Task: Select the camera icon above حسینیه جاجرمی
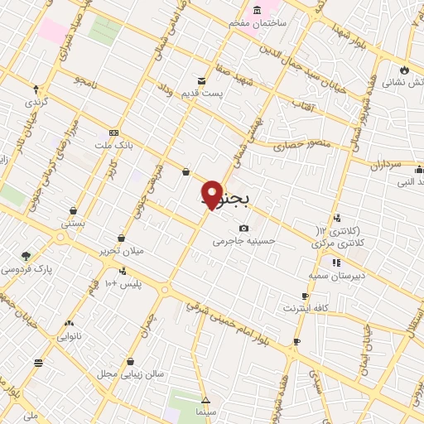point(243,229)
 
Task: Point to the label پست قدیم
point(203,94)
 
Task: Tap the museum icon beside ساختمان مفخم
point(257,10)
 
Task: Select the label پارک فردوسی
point(24,269)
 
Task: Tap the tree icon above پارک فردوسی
point(26,256)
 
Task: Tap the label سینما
point(205,411)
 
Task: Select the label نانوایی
point(68,336)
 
